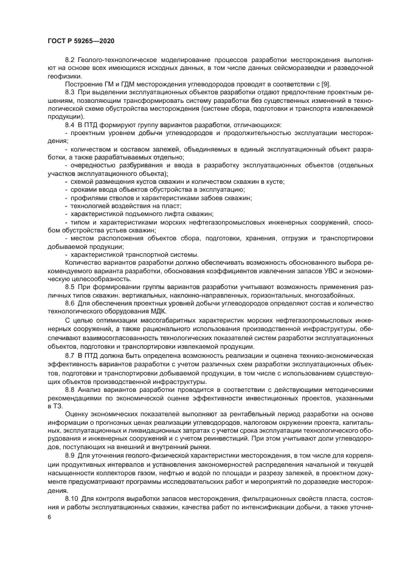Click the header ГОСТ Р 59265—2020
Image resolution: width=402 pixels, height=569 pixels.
click(80, 41)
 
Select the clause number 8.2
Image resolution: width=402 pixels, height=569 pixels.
click(69, 61)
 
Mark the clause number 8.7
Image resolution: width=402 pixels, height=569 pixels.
click(69, 354)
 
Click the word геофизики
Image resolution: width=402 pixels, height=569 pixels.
click(64, 76)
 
